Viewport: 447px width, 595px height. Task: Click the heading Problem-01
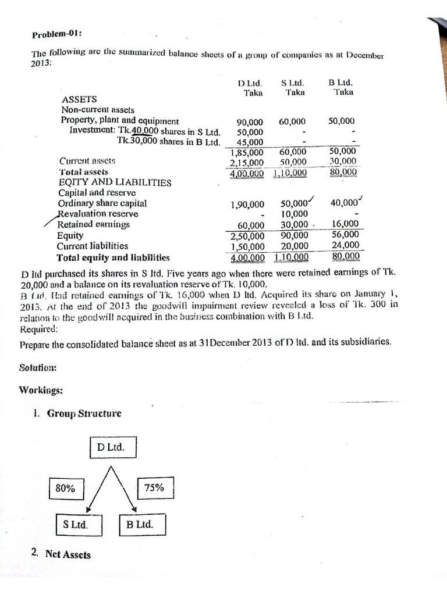coord(57,34)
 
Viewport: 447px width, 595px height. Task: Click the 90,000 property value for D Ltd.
coord(250,122)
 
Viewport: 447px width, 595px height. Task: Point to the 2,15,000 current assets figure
coord(247,163)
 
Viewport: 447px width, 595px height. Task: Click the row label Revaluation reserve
coord(98,214)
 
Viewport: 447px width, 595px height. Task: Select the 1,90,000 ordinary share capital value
coord(247,205)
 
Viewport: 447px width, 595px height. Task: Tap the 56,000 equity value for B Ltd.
coord(345,235)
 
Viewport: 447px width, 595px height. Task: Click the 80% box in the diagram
coord(65,488)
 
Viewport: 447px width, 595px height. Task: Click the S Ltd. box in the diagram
coord(76,525)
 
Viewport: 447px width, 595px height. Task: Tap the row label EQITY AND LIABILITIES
coord(115,182)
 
